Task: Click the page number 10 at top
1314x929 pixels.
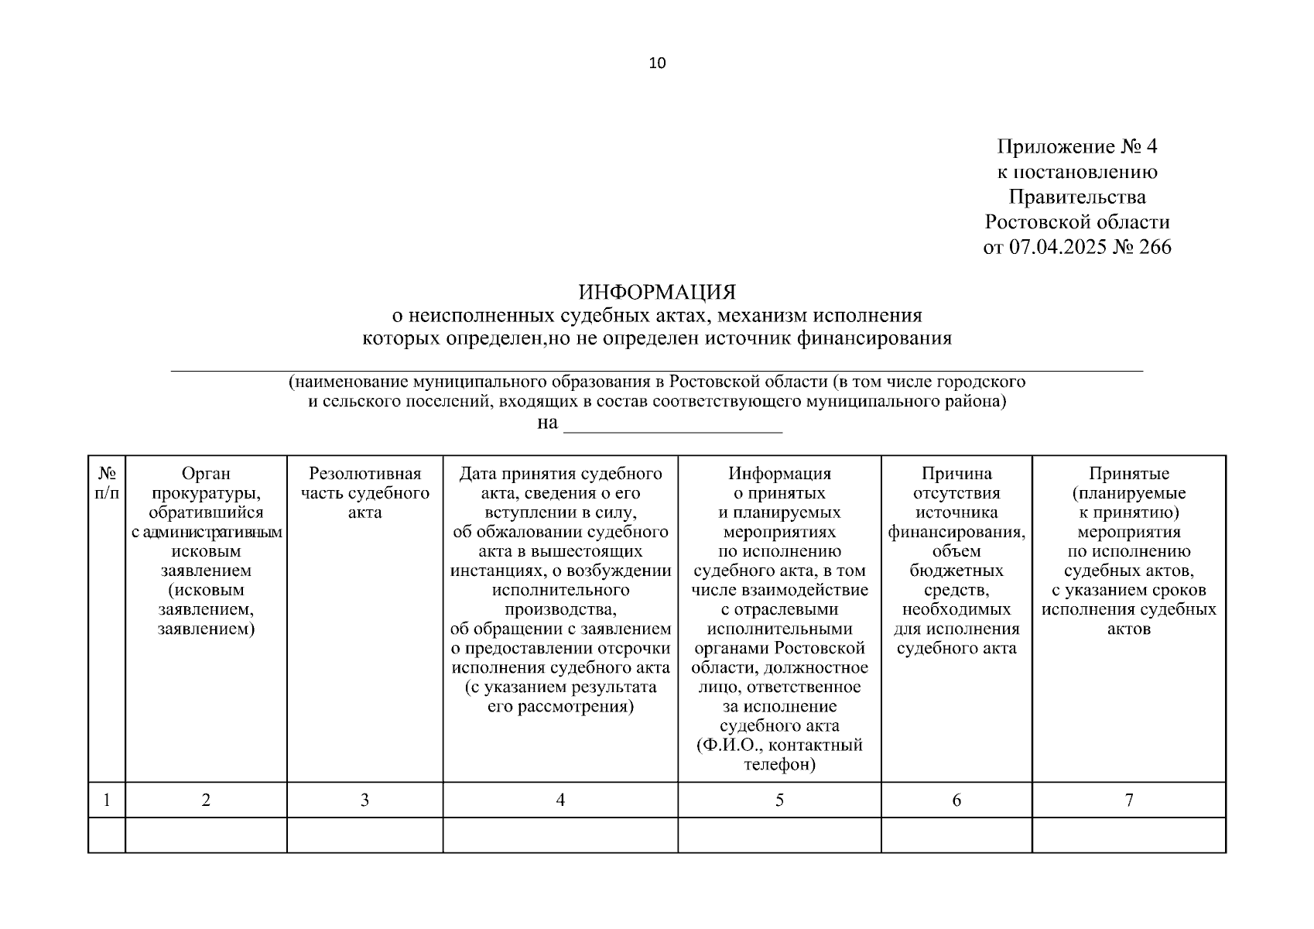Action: (657, 63)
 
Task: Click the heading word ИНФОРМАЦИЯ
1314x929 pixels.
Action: (657, 293)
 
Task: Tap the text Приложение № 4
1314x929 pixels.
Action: (1076, 147)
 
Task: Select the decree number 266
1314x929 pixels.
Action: (1155, 247)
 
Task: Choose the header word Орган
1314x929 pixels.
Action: (206, 474)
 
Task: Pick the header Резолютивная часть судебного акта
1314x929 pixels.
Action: (364, 493)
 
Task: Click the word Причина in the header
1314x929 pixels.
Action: (956, 474)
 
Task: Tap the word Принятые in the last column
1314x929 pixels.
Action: (1129, 474)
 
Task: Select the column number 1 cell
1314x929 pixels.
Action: (107, 800)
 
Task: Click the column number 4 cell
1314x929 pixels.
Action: (560, 800)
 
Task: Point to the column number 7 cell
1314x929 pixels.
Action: (1129, 800)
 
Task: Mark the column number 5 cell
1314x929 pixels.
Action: (779, 800)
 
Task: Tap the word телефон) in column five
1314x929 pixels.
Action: (779, 765)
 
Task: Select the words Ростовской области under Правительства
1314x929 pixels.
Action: (1076, 222)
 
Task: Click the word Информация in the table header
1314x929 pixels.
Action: (779, 474)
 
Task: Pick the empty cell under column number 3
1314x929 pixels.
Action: (364, 835)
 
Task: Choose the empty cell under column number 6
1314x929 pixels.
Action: (956, 835)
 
